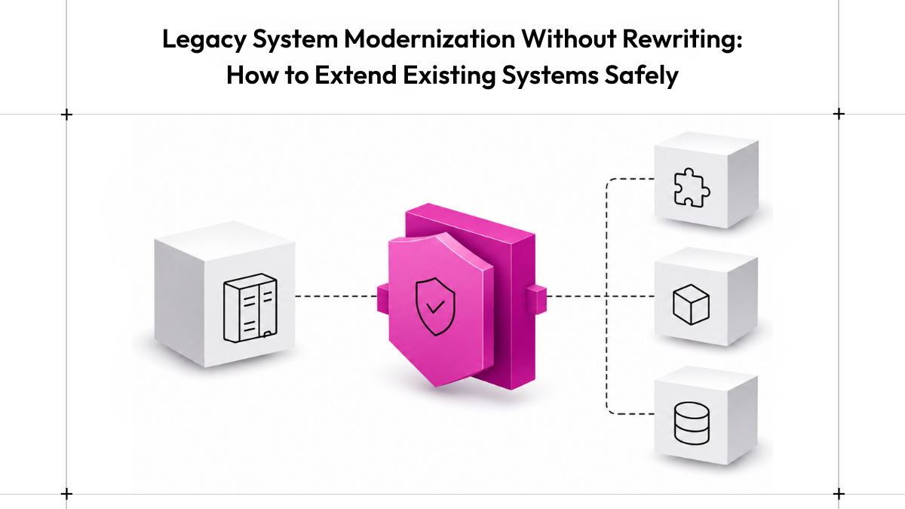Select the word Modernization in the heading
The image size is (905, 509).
tap(429, 38)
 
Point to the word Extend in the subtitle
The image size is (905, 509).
tap(355, 75)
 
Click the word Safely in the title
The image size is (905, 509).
tap(641, 76)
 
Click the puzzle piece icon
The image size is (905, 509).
tap(692, 188)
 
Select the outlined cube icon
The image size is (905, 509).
tap(691, 304)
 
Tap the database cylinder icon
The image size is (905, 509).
tap(692, 423)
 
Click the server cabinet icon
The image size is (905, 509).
tap(250, 308)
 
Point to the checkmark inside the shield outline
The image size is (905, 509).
tap(436, 307)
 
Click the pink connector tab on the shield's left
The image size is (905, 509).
tap(383, 298)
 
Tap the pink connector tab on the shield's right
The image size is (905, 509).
tap(536, 299)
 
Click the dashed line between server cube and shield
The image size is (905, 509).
tap(336, 296)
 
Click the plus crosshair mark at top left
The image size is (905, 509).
tap(66, 115)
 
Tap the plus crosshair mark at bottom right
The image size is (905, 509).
tap(839, 494)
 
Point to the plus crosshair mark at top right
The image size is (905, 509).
tap(839, 114)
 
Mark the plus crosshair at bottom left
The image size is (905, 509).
tap(66, 494)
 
